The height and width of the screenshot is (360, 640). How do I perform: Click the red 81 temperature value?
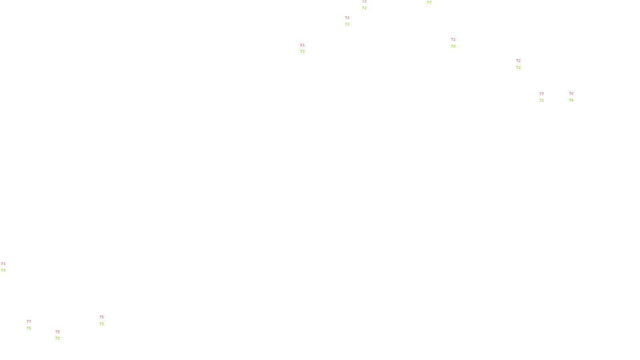click(302, 45)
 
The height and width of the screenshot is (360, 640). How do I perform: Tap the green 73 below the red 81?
click(302, 52)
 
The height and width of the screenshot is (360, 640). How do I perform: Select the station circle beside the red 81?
click(306, 48)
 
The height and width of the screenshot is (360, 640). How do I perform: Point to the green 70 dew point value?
click(453, 46)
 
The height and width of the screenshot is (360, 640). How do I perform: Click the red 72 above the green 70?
click(453, 40)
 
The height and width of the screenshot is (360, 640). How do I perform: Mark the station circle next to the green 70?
click(457, 43)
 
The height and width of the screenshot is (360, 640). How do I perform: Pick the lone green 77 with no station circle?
click(429, 3)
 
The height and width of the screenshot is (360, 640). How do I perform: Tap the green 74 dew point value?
click(571, 100)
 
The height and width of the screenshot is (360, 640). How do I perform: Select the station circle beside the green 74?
click(575, 97)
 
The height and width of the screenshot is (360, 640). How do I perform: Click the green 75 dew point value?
click(29, 328)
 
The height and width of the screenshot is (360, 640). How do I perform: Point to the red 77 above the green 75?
click(29, 322)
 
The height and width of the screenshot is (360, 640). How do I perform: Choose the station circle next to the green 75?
click(33, 325)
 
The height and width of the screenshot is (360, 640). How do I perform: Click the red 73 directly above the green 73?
click(3, 264)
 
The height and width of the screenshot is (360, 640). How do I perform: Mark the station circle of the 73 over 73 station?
click(7, 267)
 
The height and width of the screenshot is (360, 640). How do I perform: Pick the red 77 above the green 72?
click(542, 94)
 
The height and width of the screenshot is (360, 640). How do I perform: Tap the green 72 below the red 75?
click(58, 338)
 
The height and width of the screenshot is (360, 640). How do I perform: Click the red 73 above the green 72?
click(347, 18)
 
